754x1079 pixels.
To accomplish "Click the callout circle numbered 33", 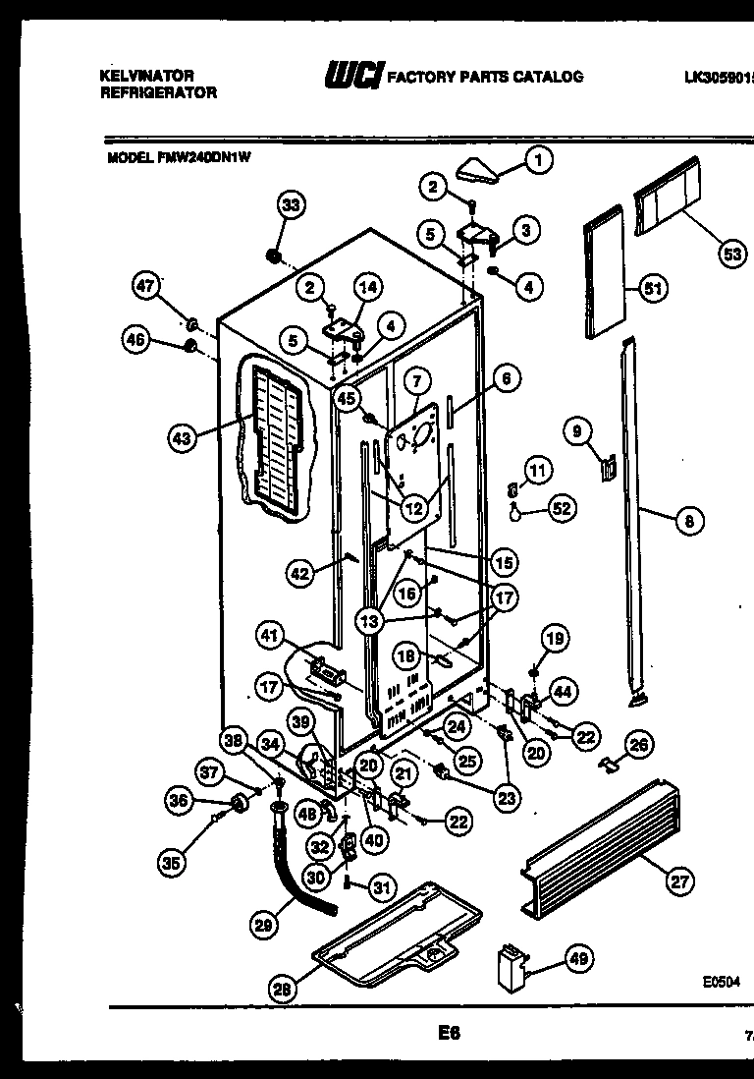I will [290, 204].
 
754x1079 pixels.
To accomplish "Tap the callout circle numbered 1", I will [537, 159].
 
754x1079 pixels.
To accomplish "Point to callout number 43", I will [181, 439].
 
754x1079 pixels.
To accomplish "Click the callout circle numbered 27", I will [678, 881].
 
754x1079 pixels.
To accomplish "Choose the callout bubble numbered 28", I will [282, 990].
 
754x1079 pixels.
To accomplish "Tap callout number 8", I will [688, 522].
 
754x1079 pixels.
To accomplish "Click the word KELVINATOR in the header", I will [147, 76].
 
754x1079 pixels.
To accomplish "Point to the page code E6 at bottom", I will [449, 1033].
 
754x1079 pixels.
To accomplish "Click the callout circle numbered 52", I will [562, 508].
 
